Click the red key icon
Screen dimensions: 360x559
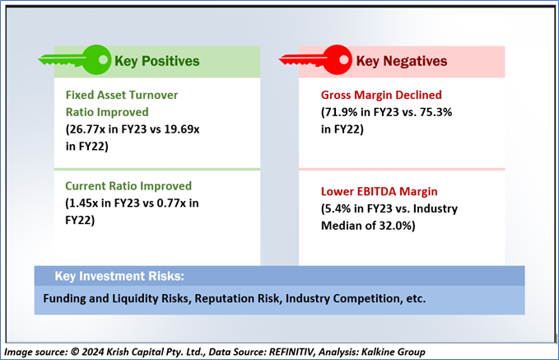point(316,59)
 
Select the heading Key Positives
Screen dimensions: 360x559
point(157,61)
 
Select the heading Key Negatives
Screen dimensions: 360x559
point(402,61)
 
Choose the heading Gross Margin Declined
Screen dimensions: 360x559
point(380,94)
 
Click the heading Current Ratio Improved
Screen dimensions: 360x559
point(128,186)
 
